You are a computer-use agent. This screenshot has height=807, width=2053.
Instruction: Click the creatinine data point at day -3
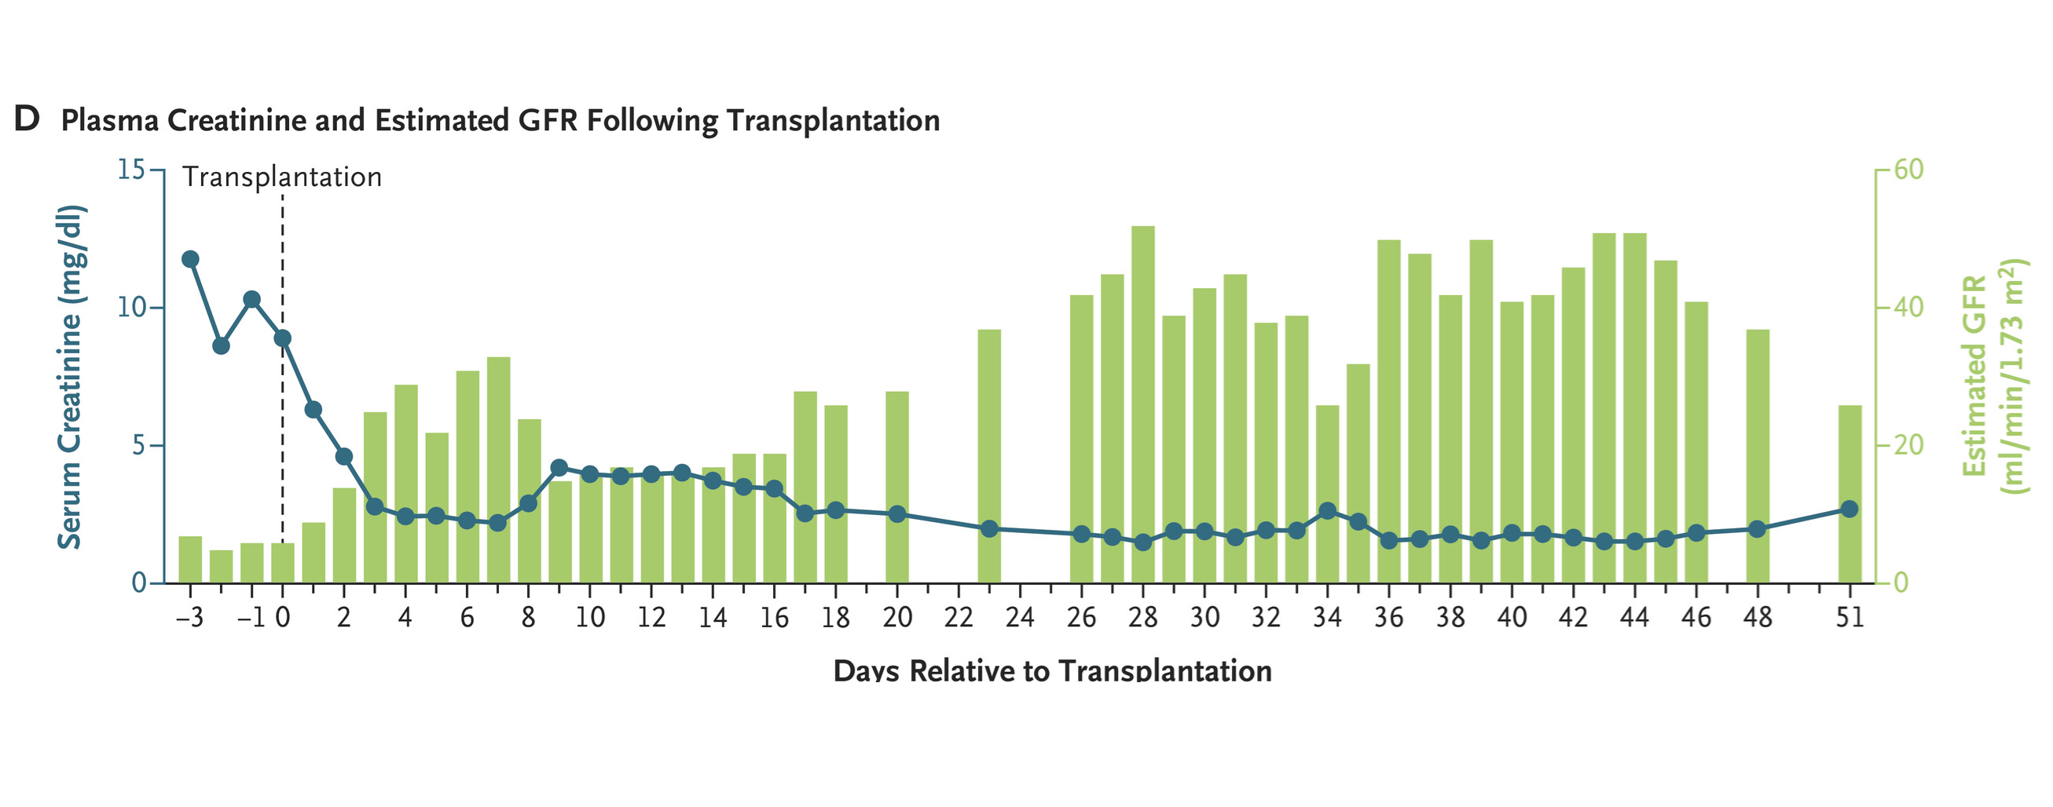click(x=189, y=259)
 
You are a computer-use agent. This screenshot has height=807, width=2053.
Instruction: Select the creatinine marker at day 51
click(x=1850, y=509)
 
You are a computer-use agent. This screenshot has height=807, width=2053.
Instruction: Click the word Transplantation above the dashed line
click(x=282, y=177)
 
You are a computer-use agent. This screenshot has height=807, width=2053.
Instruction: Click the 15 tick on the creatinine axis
click(x=131, y=170)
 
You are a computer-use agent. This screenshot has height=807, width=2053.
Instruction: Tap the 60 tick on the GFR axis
click(x=1908, y=170)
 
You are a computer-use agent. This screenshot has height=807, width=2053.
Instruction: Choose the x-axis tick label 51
click(x=1850, y=617)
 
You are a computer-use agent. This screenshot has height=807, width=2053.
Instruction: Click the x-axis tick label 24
click(x=1019, y=617)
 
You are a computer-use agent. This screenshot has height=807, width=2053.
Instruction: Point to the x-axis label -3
click(x=189, y=617)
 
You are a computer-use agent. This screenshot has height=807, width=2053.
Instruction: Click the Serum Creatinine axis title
click(x=70, y=376)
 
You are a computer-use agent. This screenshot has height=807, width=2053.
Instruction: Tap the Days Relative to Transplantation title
click(x=1052, y=670)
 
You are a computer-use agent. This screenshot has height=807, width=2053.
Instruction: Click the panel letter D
click(x=27, y=119)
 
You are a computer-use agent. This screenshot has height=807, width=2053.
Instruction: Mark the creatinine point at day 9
click(x=559, y=468)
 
